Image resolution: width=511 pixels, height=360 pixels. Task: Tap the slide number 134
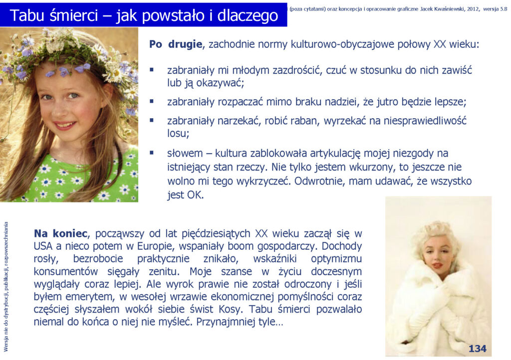coord(477,349)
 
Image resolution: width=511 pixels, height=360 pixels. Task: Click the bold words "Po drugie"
coord(176,44)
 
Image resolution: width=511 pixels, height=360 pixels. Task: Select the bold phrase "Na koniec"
coord(60,233)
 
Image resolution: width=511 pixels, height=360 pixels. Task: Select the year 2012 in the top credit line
coord(473,9)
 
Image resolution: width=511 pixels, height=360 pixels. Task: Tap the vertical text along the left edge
coord(6,287)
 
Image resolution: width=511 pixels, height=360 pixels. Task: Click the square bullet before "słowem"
coord(152,153)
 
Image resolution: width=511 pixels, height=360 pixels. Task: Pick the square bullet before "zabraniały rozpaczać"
coord(152,101)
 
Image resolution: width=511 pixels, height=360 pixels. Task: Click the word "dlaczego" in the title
coord(248,15)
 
